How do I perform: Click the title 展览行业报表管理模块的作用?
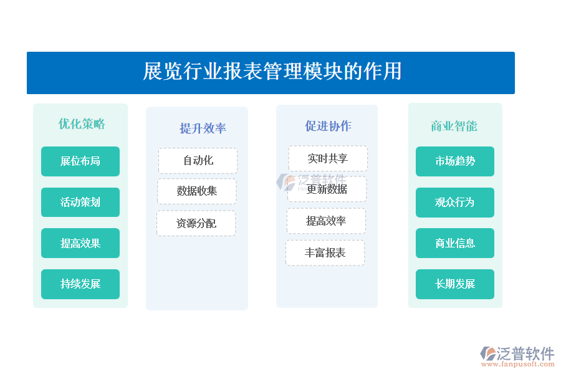coord(272,71)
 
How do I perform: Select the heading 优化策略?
coord(82,124)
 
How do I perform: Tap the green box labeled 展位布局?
coord(80,161)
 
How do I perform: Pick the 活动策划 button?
coord(80,202)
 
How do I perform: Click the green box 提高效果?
coord(80,243)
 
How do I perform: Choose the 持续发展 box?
coord(80,284)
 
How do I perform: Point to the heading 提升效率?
coord(203,128)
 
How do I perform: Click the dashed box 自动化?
coord(198,161)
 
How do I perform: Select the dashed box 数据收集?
coord(197,191)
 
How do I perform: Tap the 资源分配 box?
coord(196,223)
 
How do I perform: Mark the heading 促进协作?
coord(328,126)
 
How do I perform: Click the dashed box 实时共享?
coord(328,158)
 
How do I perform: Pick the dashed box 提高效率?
coord(326,221)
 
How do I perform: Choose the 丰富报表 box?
coord(325,252)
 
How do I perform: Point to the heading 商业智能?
coord(454,126)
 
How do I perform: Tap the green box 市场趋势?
coord(455,161)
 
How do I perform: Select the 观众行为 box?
coord(455,202)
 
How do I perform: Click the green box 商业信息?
coord(455,243)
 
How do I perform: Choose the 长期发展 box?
coord(455,284)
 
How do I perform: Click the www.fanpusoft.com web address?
coord(518,364)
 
